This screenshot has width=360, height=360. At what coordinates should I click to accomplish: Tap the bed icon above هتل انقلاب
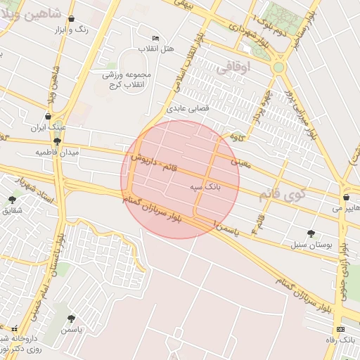pyautogui.click(x=156, y=38)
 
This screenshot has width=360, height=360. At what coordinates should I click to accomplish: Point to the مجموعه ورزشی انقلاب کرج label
pyautogui.click(x=126, y=79)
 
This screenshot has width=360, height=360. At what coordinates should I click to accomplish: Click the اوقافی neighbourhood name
pyautogui.click(x=233, y=68)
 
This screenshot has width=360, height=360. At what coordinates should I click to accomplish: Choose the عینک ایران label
pyautogui.click(x=48, y=127)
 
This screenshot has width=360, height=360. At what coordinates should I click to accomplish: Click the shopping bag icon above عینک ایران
pyautogui.click(x=48, y=117)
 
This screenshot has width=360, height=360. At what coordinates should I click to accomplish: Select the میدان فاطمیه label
pyautogui.click(x=58, y=152)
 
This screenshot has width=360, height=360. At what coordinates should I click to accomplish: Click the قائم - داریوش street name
pyautogui.click(x=164, y=167)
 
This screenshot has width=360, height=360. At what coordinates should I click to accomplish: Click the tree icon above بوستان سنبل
pyautogui.click(x=311, y=233)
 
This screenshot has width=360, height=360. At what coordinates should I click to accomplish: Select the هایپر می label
pyautogui.click(x=347, y=208)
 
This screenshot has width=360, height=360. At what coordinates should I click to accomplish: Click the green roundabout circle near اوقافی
pyautogui.click(x=279, y=67)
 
